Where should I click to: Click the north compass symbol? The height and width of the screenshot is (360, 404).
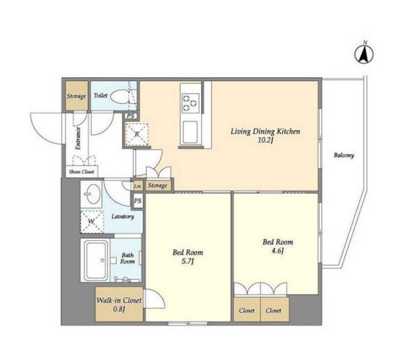click(x=364, y=54)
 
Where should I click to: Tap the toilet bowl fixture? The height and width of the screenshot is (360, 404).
click(x=119, y=96)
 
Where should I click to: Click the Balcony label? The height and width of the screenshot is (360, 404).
click(x=344, y=155)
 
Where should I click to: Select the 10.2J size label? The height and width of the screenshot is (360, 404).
click(x=266, y=140)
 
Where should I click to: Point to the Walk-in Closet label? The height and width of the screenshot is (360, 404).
click(x=119, y=301)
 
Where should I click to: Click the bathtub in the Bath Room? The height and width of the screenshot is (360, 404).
click(x=96, y=260)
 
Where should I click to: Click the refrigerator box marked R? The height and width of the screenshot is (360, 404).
click(x=137, y=134)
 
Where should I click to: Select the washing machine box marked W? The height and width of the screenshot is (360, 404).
click(x=92, y=221)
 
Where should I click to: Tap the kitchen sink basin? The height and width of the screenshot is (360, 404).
click(x=191, y=133)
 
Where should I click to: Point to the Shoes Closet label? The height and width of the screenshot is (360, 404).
click(x=82, y=171)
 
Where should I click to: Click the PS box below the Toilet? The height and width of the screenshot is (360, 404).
click(x=131, y=116)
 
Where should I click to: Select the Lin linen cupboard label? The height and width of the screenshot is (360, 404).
click(x=138, y=186)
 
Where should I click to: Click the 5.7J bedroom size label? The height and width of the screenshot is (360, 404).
click(x=187, y=261)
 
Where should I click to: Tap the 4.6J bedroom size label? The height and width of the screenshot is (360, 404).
click(x=277, y=251)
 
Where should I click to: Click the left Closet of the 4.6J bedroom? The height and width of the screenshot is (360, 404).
click(x=247, y=310)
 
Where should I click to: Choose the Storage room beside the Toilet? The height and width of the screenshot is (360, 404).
click(x=76, y=96)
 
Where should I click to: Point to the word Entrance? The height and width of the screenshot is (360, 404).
click(x=78, y=139)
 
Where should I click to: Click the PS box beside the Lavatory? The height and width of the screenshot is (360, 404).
click(x=138, y=201)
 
